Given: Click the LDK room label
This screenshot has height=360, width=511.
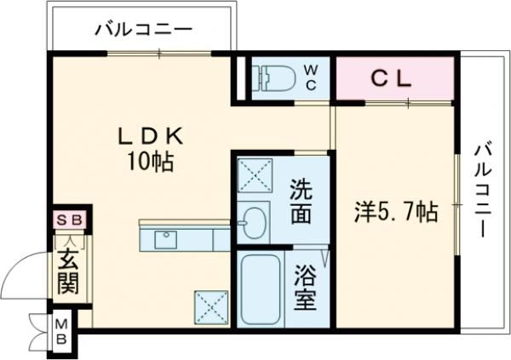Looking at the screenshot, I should (x=151, y=136).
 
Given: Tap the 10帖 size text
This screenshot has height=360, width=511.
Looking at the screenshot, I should (x=152, y=162).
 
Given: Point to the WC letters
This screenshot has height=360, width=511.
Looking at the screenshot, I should (x=311, y=75).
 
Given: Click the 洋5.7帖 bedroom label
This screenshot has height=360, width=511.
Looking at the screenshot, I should (x=396, y=212).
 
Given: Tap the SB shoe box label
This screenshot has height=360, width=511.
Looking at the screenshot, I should (x=71, y=220).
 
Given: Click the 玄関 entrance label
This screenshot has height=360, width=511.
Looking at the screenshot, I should (x=68, y=270).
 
